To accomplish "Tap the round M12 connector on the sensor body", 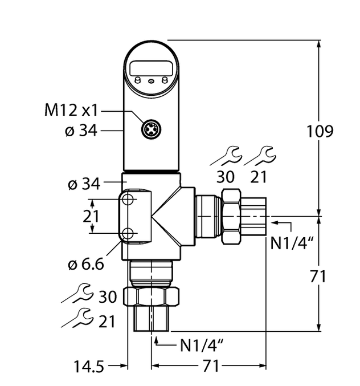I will coord(151,130).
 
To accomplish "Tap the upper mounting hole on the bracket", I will coord(128,199).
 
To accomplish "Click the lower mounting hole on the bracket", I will coord(128,233).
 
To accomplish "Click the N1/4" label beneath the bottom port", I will coord(202,345).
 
